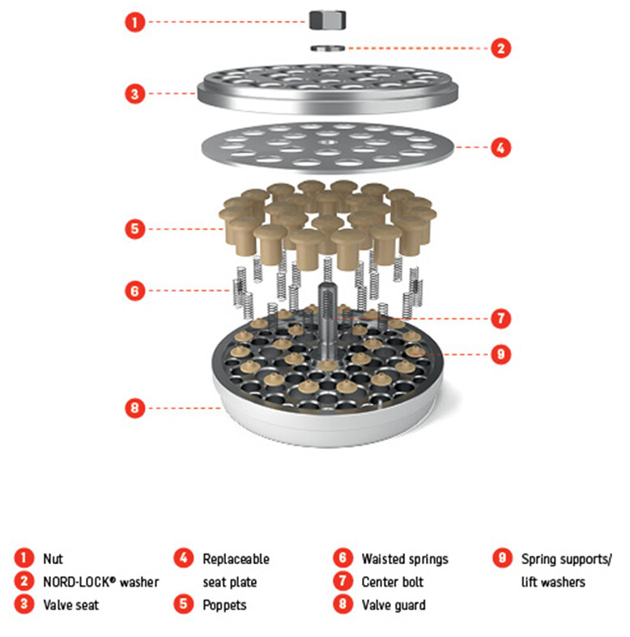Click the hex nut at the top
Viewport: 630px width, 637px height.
click(328, 20)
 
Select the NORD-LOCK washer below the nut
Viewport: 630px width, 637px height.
click(328, 49)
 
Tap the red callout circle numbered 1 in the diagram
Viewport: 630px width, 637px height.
click(134, 22)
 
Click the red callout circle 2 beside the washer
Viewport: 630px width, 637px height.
click(501, 49)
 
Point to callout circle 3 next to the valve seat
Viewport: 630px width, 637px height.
click(134, 94)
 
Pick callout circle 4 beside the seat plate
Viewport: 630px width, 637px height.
click(501, 147)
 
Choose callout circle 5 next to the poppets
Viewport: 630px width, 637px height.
click(134, 229)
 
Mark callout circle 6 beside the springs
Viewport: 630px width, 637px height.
click(134, 291)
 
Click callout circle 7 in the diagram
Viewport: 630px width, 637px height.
click(501, 318)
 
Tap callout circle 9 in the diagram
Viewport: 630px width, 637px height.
click(501, 354)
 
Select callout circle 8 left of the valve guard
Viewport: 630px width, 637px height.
click(134, 408)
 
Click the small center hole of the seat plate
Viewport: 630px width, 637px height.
click(328, 142)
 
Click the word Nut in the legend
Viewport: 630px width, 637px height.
click(53, 559)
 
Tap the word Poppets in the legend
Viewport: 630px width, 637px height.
click(224, 605)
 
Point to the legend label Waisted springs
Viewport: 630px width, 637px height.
click(405, 559)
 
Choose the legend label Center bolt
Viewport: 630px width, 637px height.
click(392, 582)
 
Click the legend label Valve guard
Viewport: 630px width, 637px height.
click(394, 605)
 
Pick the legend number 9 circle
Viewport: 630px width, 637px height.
click(502, 558)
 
